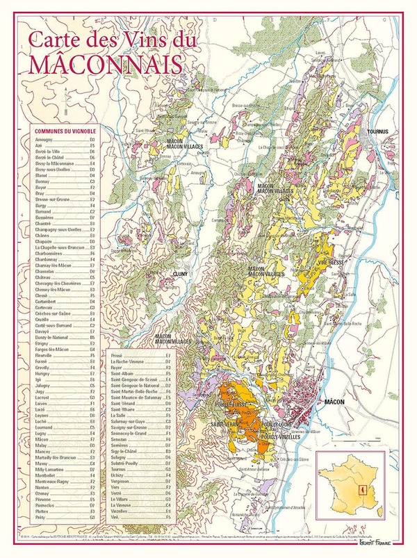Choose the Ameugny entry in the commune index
point(44,140)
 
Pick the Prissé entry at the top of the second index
point(120,355)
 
